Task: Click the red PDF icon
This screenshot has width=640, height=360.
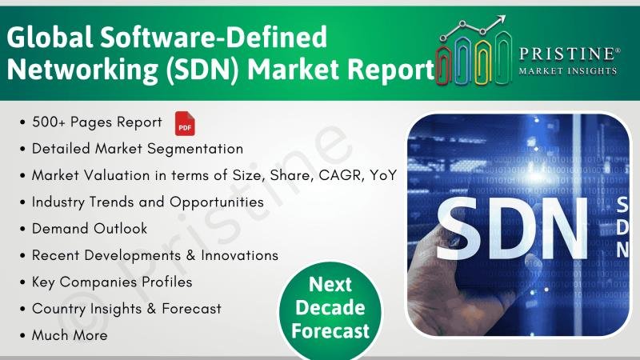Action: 185,124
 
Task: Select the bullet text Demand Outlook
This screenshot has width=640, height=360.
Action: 90,228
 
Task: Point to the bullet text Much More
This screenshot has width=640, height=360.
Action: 70,334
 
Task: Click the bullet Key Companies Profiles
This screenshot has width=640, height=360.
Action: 112,282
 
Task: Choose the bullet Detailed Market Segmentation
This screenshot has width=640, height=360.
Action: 138,149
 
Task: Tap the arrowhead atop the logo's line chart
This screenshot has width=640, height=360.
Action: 502,19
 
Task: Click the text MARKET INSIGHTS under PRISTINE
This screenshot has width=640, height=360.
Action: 569,70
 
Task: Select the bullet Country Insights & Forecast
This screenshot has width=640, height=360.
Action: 126,308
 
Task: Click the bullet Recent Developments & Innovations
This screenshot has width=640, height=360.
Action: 155,255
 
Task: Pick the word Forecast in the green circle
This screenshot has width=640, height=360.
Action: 330,330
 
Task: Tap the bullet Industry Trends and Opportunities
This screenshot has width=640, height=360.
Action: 148,202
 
